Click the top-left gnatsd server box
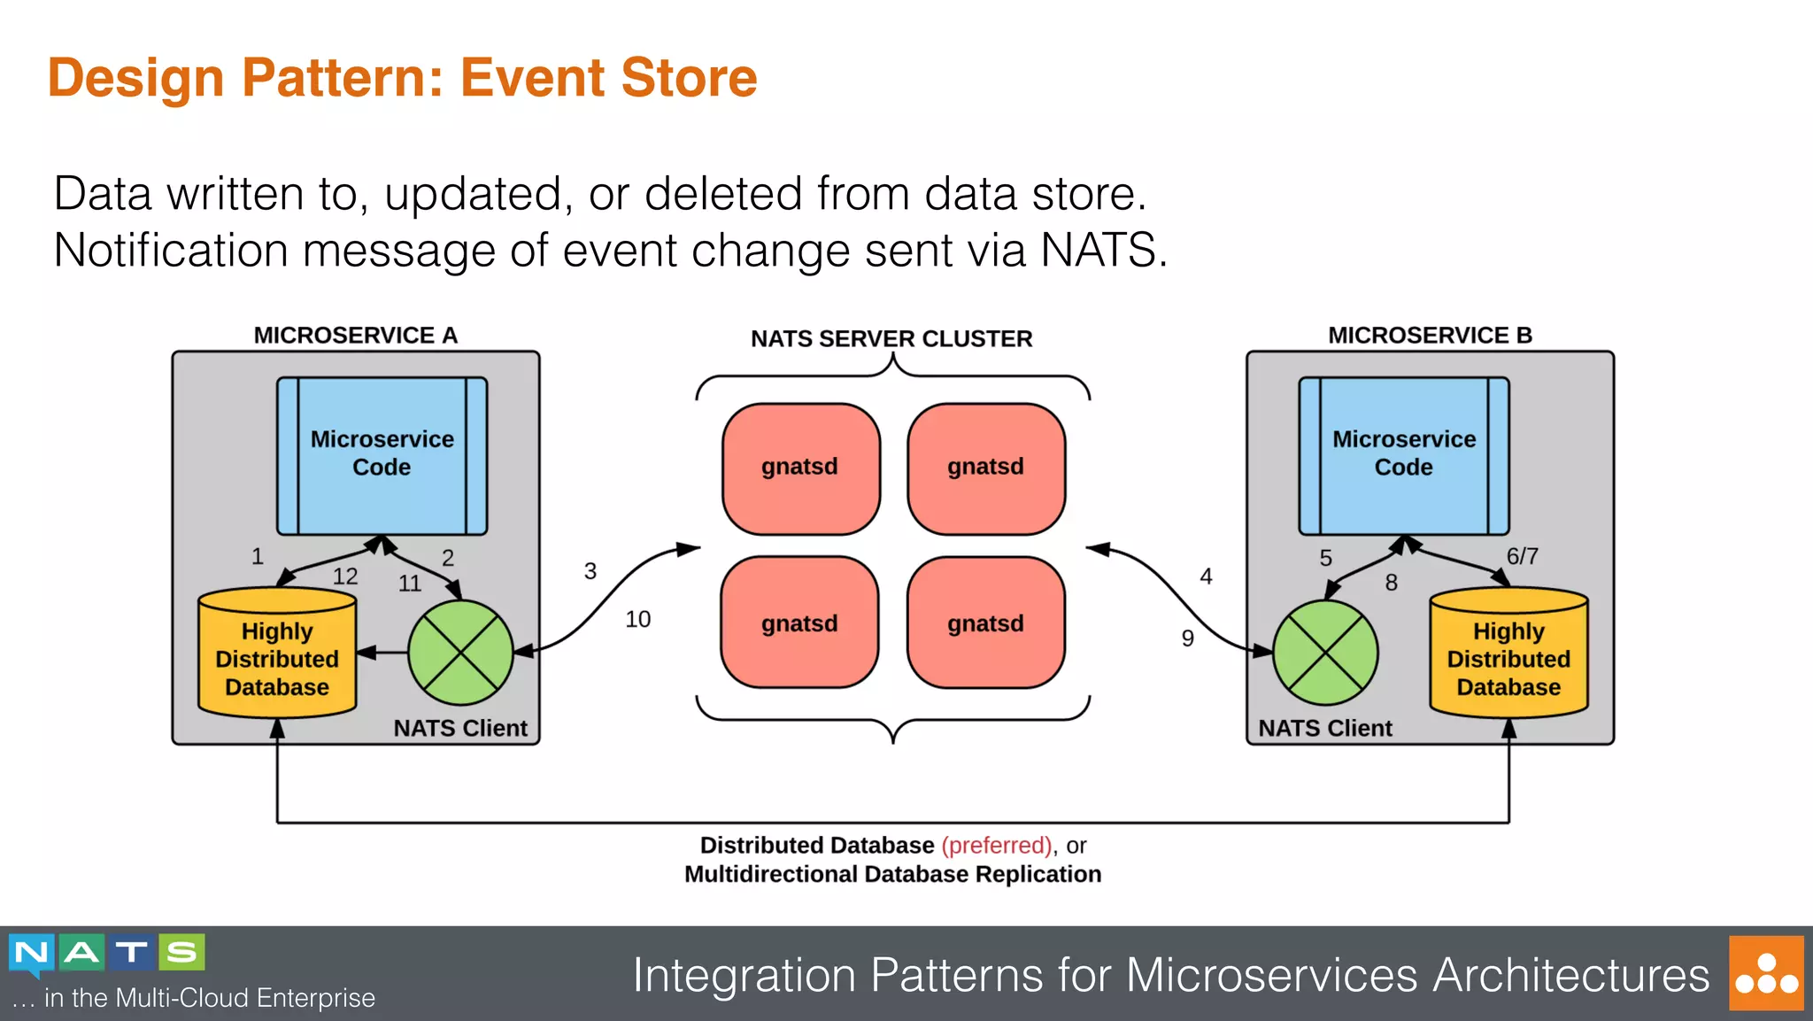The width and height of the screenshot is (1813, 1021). click(800, 468)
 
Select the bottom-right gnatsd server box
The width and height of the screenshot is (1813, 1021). click(985, 623)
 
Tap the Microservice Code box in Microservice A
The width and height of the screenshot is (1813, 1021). click(382, 455)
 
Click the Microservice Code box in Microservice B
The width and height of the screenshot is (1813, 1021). click(1403, 455)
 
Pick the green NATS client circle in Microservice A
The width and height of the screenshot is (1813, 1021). click(460, 653)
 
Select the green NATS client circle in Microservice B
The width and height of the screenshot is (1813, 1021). click(1324, 653)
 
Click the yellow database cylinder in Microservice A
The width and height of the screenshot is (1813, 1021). click(277, 655)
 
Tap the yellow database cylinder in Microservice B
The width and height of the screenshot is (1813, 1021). click(1508, 655)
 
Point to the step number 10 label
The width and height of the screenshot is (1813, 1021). click(637, 619)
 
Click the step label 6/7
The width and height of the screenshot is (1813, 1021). click(1522, 556)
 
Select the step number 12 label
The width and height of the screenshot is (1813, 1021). click(345, 576)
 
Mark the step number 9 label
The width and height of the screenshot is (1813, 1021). click(1187, 638)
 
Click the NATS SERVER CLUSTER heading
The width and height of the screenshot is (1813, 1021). click(891, 338)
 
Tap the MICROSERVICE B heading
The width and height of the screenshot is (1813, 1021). click(1430, 335)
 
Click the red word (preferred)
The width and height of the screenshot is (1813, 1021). click(997, 845)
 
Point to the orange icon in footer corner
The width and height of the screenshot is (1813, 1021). click(1766, 973)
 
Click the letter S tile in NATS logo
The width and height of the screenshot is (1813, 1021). click(182, 952)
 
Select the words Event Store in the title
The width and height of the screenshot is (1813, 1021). click(609, 78)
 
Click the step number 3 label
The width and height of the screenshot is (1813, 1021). click(590, 571)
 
